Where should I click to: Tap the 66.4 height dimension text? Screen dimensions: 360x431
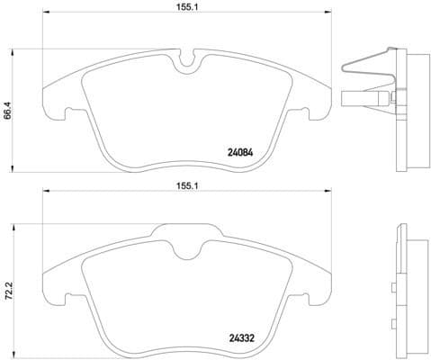[8, 112]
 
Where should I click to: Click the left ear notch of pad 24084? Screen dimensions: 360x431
[67, 113]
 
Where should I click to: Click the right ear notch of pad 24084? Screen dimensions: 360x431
[307, 113]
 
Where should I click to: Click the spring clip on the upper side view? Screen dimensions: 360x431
[369, 61]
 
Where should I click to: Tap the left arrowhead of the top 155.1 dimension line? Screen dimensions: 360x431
[45, 13]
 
